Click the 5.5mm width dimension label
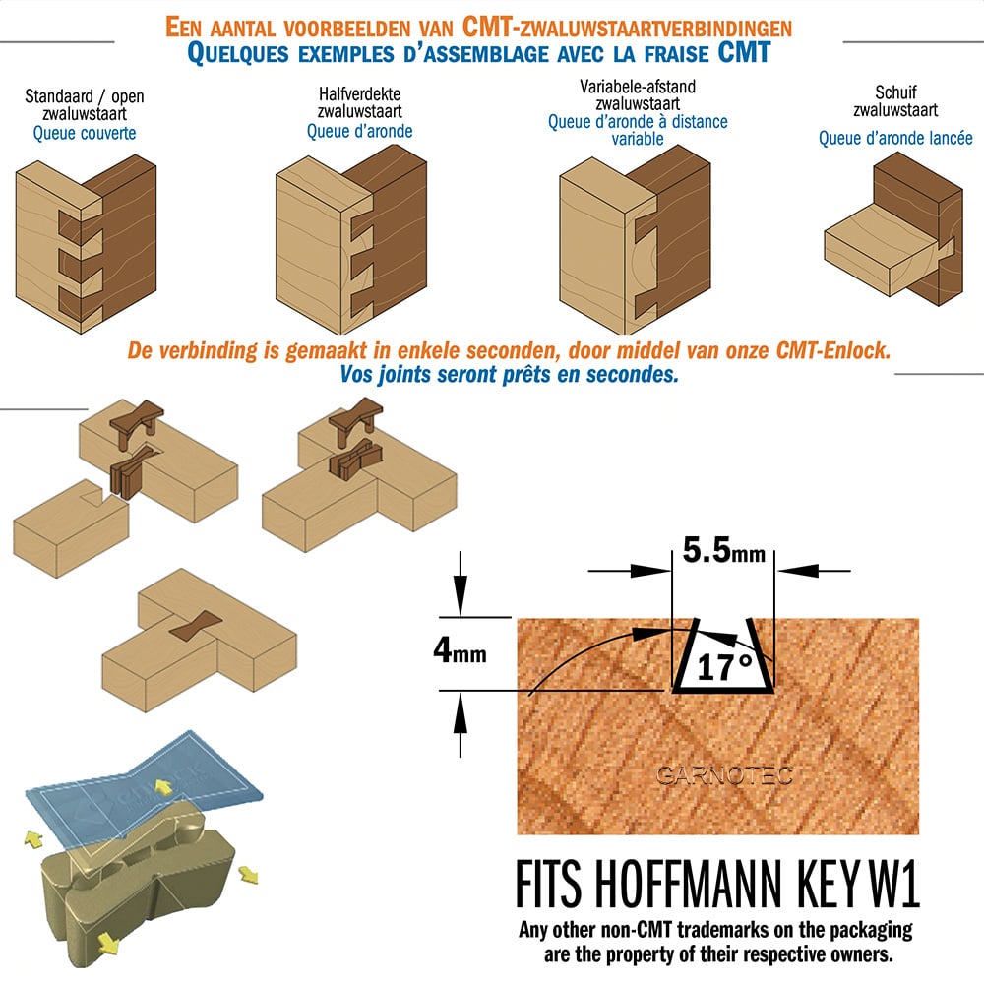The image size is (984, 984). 723,550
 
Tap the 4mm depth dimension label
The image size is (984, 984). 460,650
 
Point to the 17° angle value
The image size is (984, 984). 724,666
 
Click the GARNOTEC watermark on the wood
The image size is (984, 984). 724,775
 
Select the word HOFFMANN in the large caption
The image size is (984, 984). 688,884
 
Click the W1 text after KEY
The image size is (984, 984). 894,884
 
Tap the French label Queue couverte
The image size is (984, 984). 84,133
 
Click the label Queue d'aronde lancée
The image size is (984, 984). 895,138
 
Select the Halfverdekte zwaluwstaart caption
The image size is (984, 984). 359,102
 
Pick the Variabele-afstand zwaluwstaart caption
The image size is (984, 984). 638,94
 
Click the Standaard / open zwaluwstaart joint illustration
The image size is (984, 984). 86,244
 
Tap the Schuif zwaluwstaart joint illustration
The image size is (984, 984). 893,229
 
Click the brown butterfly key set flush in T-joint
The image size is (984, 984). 195,626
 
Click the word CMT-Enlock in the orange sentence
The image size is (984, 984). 833,350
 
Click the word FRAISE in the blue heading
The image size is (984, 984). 678,53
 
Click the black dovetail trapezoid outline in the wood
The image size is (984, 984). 723,689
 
